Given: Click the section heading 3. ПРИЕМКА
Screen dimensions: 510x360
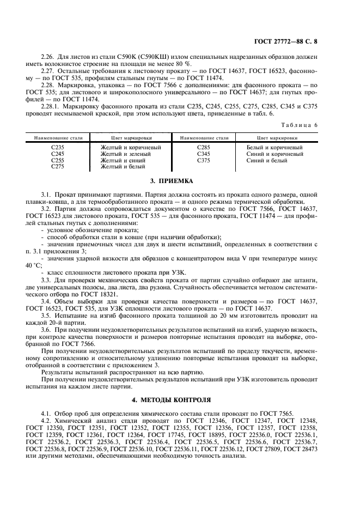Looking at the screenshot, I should pos(179,180).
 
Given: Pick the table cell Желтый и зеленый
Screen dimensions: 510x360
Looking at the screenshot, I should pos(126,154).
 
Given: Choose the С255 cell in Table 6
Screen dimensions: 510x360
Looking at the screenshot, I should pos(57,161).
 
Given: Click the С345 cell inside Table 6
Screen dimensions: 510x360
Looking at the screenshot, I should pos(203,154).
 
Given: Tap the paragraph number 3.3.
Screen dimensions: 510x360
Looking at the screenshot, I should pos(46,280).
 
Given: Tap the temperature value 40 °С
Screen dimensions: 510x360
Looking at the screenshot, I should pos(33,265).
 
